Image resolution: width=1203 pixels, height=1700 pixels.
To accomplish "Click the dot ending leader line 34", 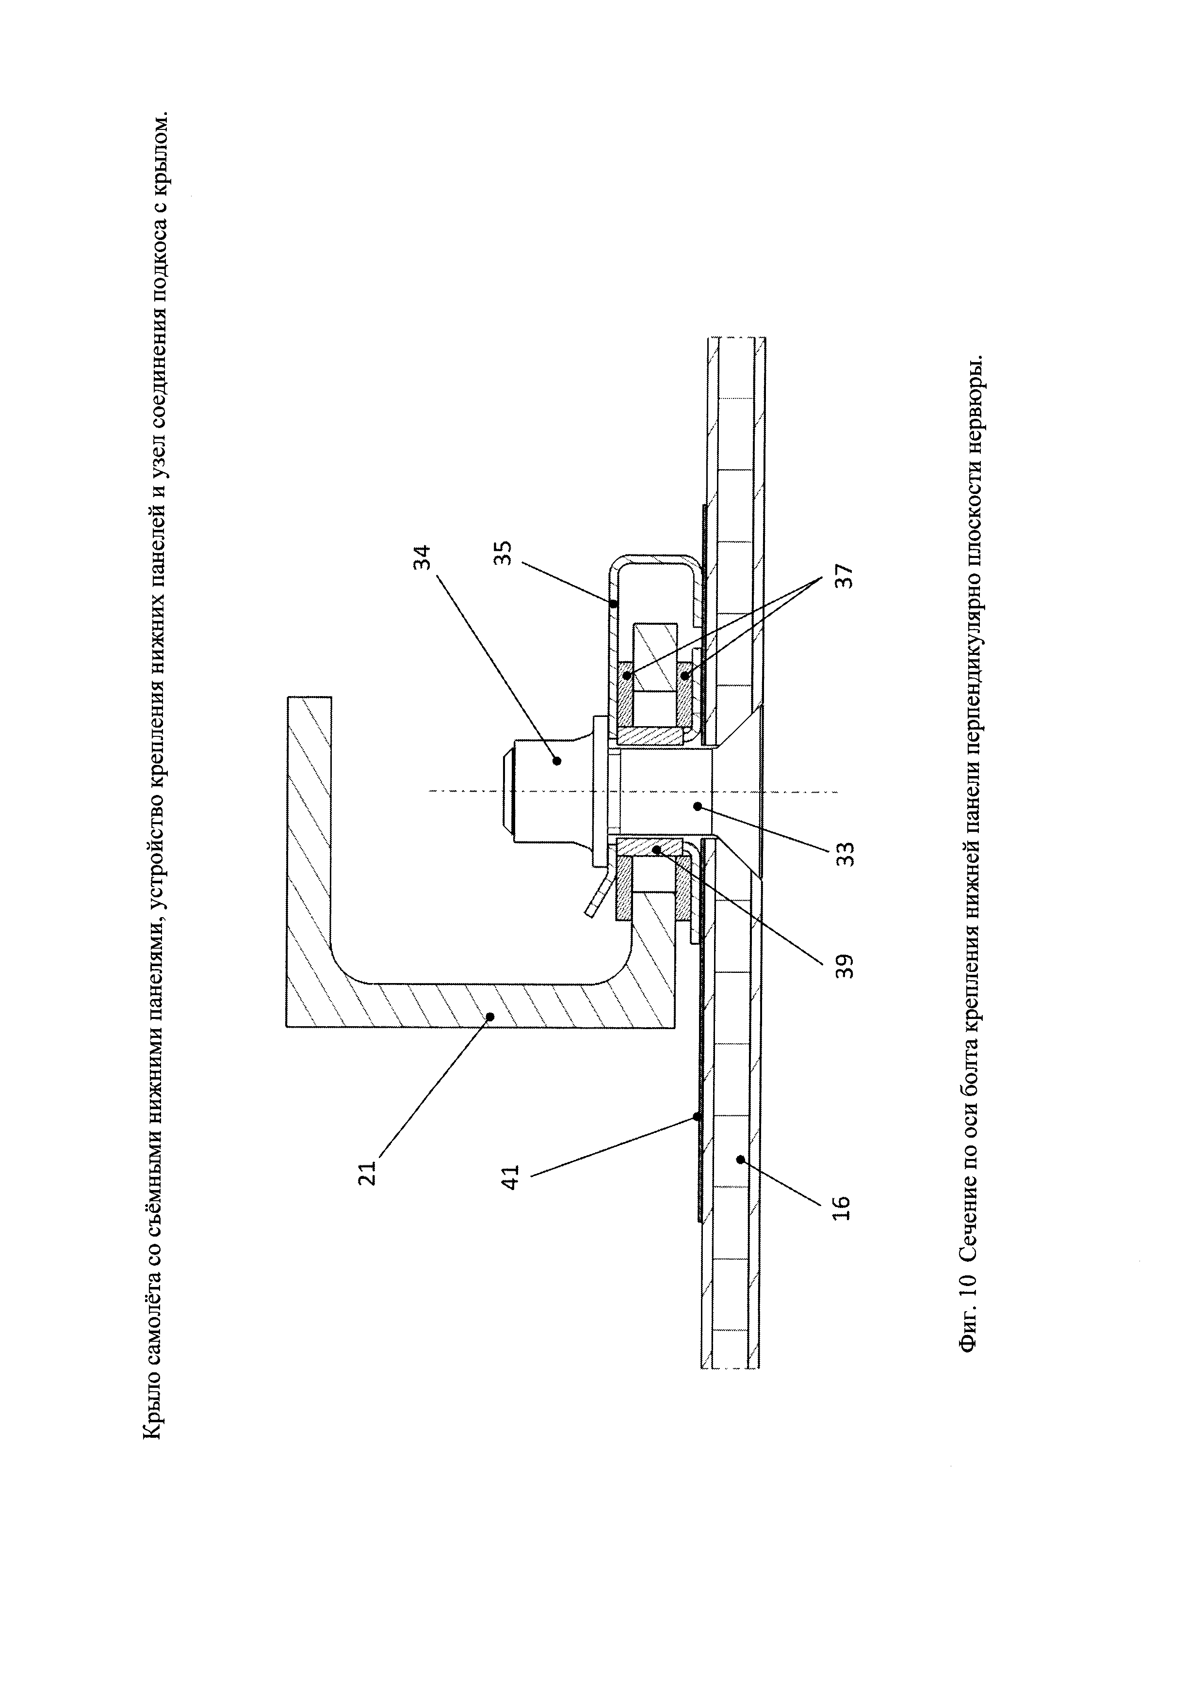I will (557, 760).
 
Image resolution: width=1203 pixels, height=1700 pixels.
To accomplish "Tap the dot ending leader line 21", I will (489, 1017).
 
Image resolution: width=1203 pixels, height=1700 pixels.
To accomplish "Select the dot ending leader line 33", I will (696, 806).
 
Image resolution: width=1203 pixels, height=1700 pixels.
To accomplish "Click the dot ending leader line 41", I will (696, 1137).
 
